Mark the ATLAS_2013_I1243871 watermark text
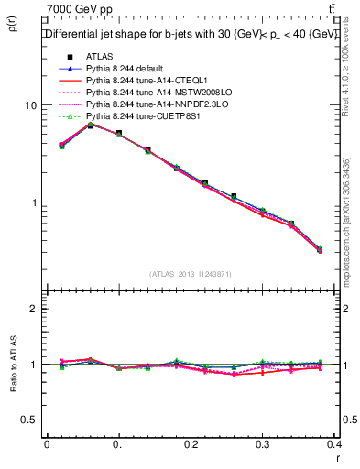coord(191,275)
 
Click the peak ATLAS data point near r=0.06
coord(90,125)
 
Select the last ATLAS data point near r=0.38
coord(319,249)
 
